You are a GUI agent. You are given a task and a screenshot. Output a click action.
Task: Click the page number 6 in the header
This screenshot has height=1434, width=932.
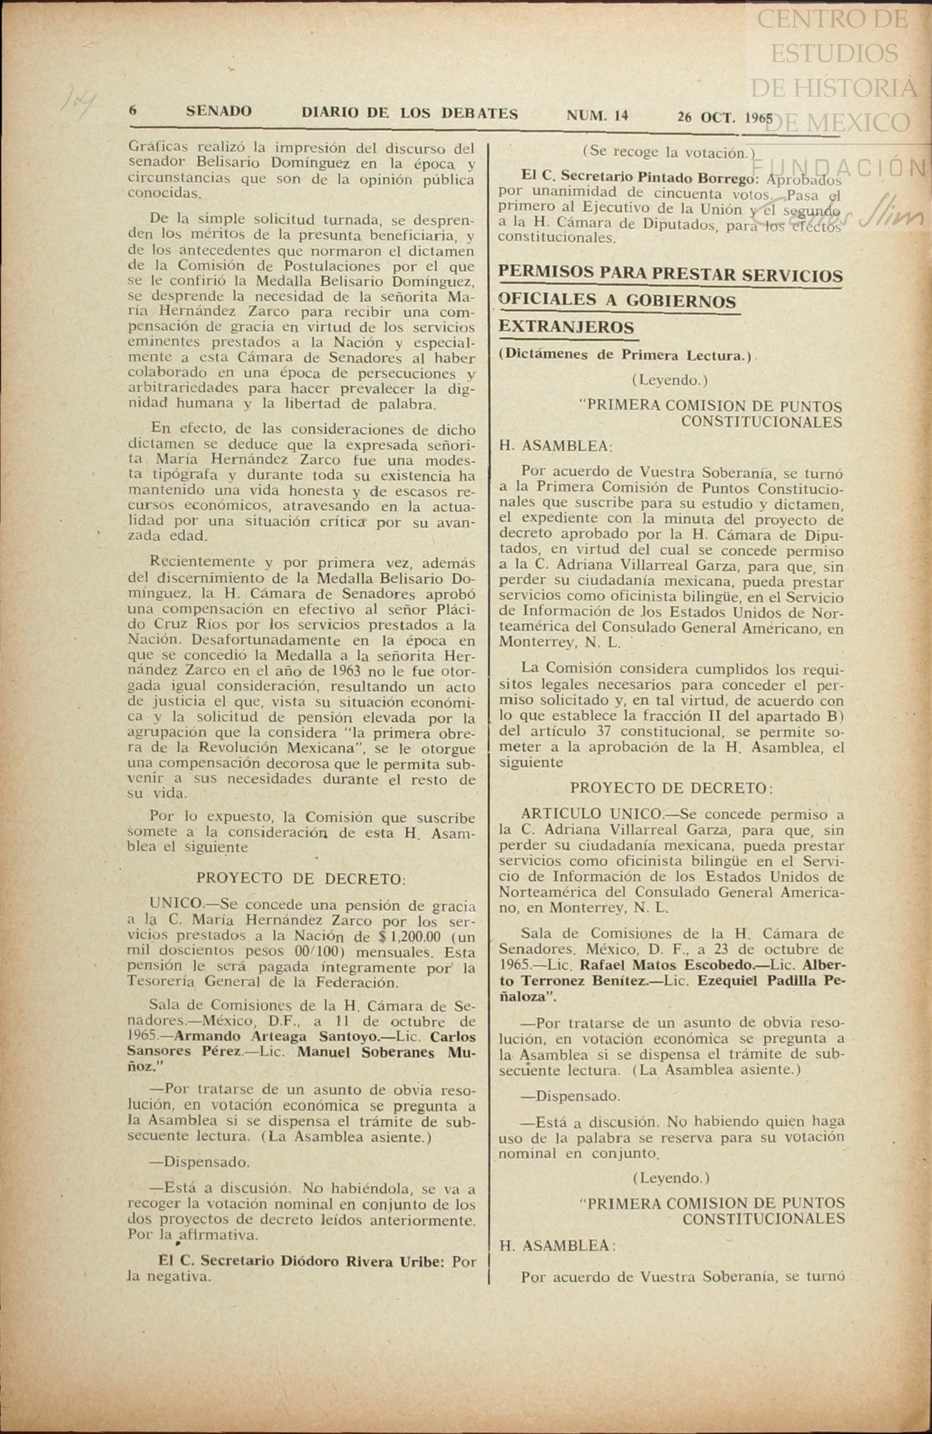pos(133,111)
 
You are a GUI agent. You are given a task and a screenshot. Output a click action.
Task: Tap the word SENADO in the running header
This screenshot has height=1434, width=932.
pos(218,111)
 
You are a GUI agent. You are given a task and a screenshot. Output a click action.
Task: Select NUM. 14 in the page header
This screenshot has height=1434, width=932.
pos(597,116)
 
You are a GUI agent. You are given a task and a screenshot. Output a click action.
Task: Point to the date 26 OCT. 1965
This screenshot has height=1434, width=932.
pos(724,117)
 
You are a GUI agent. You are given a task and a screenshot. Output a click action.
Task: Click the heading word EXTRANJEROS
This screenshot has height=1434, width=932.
pos(567,327)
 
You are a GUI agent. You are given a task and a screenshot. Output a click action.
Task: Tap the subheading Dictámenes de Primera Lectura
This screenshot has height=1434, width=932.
pos(624,356)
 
